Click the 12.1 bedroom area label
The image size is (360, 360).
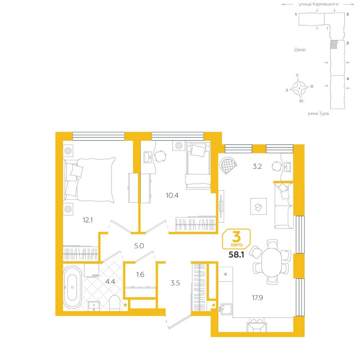pos(88,220)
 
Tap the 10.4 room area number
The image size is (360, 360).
pos(172,195)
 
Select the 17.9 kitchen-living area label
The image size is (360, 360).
pos(257,298)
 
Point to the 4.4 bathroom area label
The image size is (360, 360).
pos(110,282)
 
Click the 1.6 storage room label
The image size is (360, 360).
pos(140,274)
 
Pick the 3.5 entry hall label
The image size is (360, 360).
pos(175,283)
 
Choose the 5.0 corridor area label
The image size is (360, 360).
pos(139,246)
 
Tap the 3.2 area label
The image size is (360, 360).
pos(257,166)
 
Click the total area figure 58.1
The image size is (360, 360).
pos(236,255)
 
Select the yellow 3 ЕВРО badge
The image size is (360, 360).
pos(236,239)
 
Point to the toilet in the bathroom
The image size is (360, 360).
pos(114,303)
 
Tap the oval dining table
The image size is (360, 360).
pos(271,262)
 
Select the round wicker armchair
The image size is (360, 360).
pos(228,165)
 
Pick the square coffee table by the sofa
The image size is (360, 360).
pos(258,206)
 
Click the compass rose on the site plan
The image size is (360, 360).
pos(299,88)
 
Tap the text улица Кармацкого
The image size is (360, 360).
pos(319,4)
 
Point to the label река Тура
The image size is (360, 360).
pos(318,113)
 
